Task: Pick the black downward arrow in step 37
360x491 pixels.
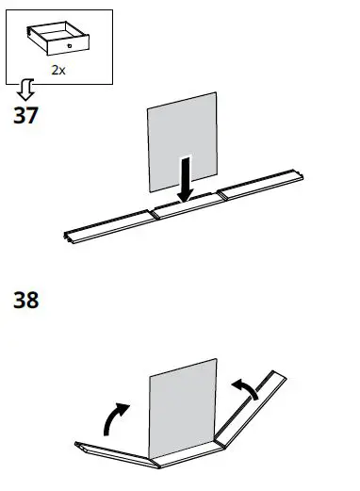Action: pyautogui.click(x=188, y=180)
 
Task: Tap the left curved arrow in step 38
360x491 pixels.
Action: pyautogui.click(x=115, y=417)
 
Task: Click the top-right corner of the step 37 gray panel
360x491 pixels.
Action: pyautogui.click(x=218, y=93)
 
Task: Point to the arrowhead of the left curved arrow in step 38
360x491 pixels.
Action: pyautogui.click(x=123, y=408)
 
